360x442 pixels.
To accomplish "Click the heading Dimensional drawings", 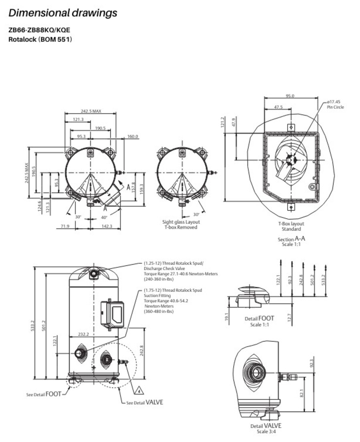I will coord(63,13).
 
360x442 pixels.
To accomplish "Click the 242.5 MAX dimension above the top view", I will coord(91,111).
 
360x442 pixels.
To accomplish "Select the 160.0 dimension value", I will coord(133,137).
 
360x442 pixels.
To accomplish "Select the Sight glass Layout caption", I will coord(181,222).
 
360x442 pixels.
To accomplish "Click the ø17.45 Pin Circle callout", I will coord(335,104).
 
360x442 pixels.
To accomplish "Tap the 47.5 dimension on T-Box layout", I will coord(278,107).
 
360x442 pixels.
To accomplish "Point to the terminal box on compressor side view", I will coord(112,314).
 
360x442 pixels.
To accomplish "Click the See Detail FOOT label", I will coord(44,394).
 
